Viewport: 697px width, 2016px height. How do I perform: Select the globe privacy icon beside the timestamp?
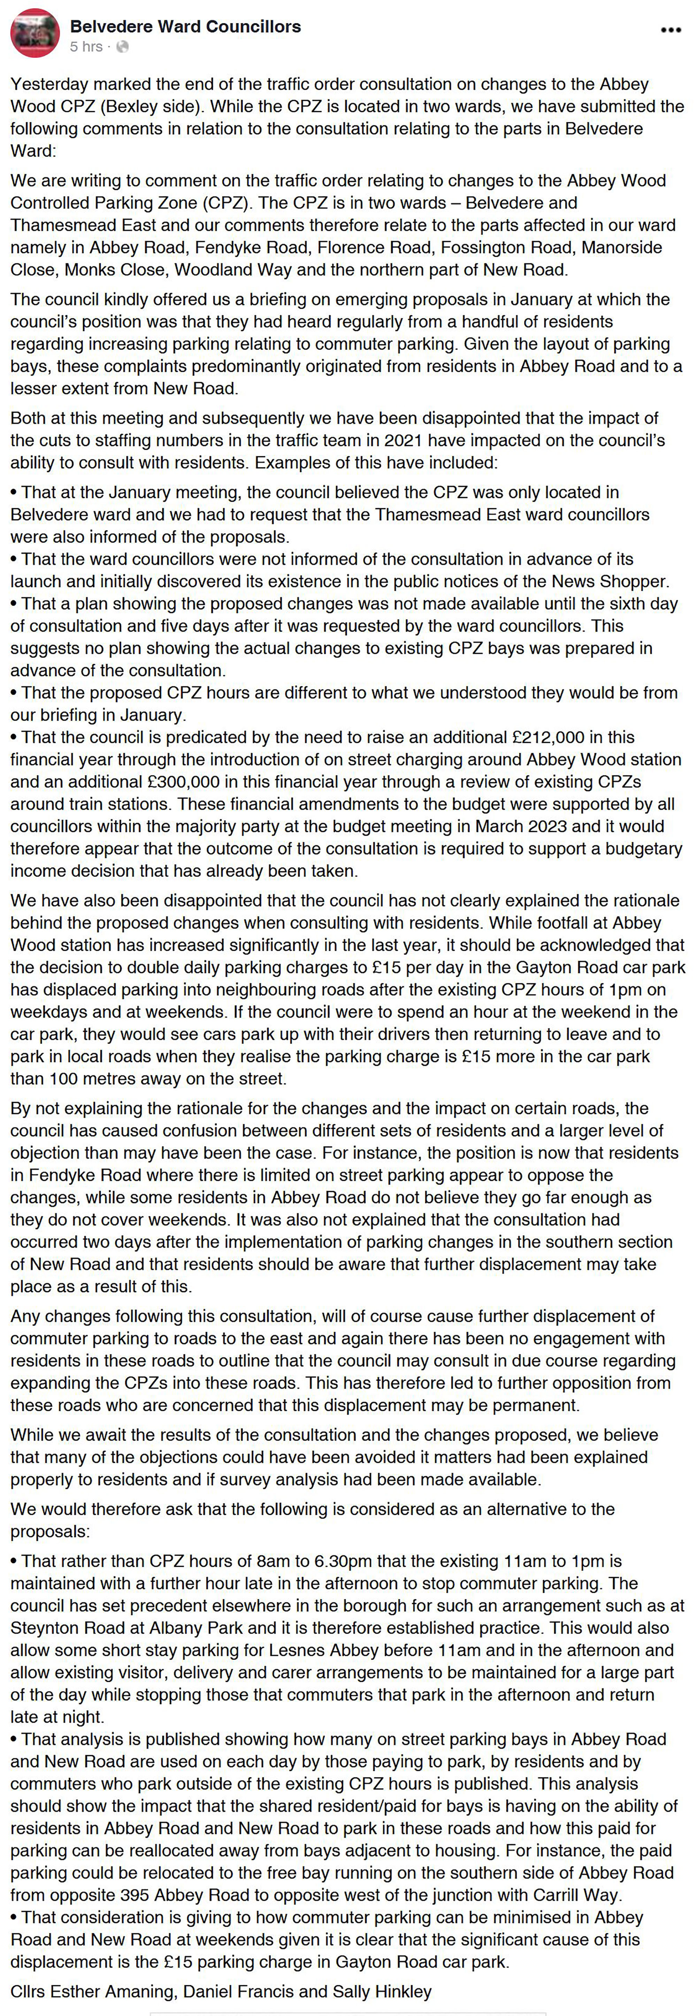tap(122, 47)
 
